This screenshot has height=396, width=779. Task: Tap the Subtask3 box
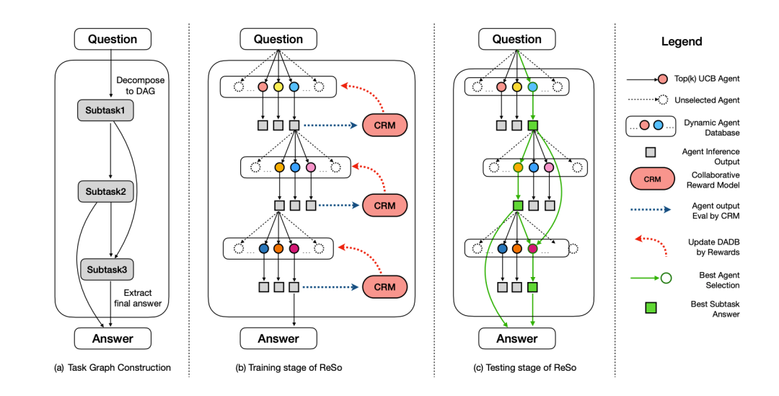coord(111,269)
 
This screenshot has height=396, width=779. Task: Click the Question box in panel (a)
coord(113,39)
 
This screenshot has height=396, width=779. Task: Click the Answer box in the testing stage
coord(516,338)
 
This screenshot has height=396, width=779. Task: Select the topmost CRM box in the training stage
coord(385,126)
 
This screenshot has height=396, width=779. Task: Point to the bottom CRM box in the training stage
coord(385,286)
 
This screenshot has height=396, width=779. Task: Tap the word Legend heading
coord(682,42)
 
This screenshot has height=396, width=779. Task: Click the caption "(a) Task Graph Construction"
coord(113,368)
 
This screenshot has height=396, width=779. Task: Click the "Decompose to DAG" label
coord(140,86)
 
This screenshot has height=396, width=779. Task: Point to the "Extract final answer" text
coord(140,297)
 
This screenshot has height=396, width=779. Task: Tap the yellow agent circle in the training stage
coord(278,87)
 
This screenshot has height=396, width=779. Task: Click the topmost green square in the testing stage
coord(532,126)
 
